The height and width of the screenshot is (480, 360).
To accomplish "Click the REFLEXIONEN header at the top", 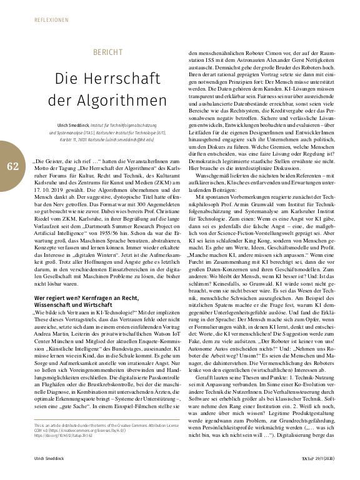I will pyautogui.click(x=51, y=19).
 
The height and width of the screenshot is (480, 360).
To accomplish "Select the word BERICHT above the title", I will pyautogui.click(x=107, y=52).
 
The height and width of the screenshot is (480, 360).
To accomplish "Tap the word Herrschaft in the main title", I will pyautogui.click(x=122, y=79).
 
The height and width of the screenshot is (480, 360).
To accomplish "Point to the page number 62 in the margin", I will pyautogui.click(x=13, y=166).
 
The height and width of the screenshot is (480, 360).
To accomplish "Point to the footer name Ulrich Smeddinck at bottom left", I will pyautogui.click(x=51, y=459).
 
